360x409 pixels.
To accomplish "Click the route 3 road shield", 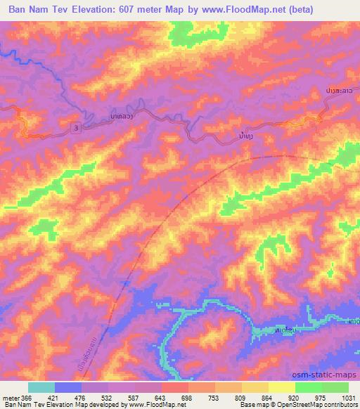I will [75, 124].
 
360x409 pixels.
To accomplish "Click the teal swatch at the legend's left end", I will [41, 387].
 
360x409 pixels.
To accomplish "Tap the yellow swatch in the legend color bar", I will [281, 387].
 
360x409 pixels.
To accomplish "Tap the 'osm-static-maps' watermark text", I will [328, 377].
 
